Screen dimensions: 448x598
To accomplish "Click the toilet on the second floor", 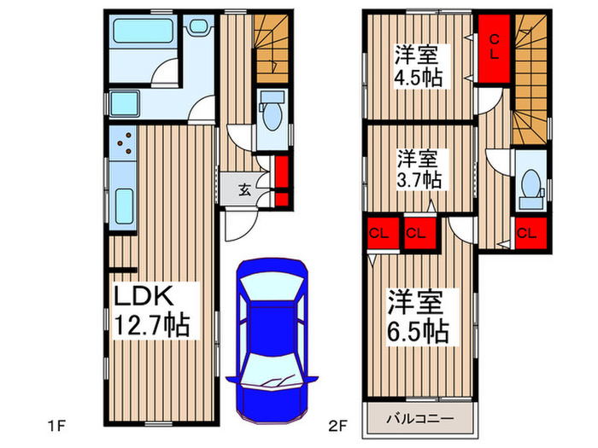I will pos(530,183).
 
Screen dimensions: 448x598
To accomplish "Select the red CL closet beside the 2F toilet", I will pos(526,232).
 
